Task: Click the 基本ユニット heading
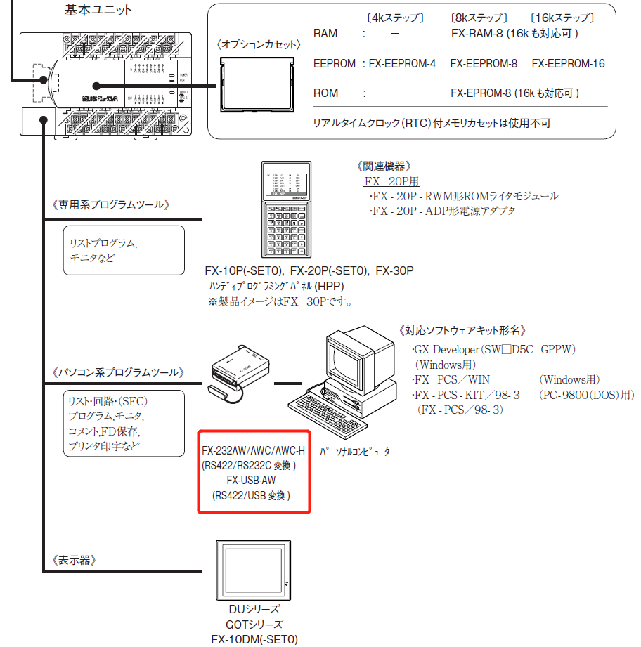[98, 10]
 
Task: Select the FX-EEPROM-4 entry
[403, 63]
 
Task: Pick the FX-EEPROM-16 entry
[568, 63]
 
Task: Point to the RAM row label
[325, 33]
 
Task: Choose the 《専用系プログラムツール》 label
[112, 204]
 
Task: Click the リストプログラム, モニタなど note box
[123, 249]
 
